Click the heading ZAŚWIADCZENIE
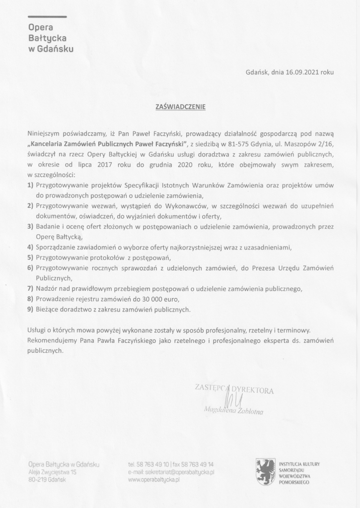(180, 106)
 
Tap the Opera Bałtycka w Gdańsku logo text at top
(51, 38)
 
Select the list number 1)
(30, 185)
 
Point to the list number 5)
(30, 257)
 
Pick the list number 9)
(30, 309)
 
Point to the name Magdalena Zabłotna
(233, 410)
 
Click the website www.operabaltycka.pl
(153, 480)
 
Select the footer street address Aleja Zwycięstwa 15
(52, 472)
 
